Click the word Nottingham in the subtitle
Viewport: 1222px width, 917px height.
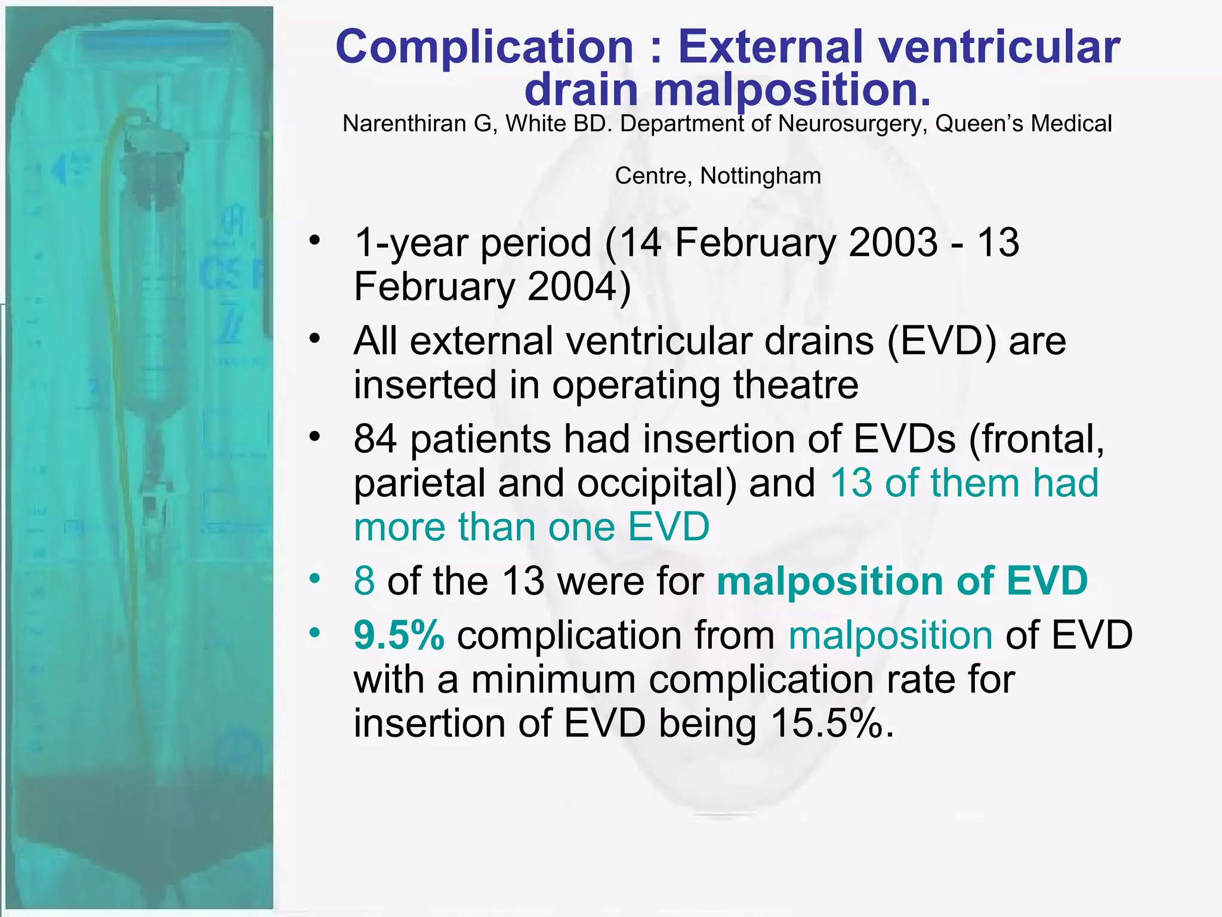click(x=760, y=176)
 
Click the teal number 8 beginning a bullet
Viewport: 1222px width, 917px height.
click(x=364, y=581)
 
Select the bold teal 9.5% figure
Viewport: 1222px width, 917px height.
click(x=399, y=635)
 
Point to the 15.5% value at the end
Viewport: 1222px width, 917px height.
click(x=832, y=724)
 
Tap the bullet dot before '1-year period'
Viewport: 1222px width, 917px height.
click(x=314, y=241)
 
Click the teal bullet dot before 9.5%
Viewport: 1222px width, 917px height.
click(x=314, y=632)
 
